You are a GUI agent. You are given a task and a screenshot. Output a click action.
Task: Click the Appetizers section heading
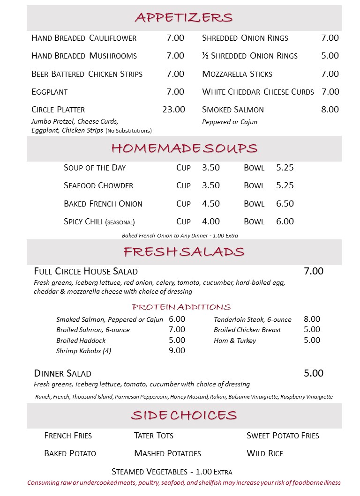pyautogui.click(x=184, y=18)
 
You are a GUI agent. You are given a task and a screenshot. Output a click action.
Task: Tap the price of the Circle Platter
pyautogui.click(x=173, y=110)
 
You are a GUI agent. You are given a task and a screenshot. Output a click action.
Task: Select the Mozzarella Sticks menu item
pyautogui.click(x=237, y=74)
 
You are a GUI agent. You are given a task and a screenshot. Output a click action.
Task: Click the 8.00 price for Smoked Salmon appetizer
pyautogui.click(x=330, y=110)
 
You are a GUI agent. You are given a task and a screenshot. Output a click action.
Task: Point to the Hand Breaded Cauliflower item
pyautogui.click(x=84, y=38)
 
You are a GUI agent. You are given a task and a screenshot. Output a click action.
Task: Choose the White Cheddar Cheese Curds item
pyautogui.click(x=258, y=92)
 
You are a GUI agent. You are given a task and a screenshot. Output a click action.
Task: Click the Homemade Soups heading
pyautogui.click(x=184, y=148)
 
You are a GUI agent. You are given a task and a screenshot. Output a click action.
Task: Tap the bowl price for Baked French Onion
pyautogui.click(x=285, y=204)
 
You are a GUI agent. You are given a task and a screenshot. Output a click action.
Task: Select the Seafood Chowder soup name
pyautogui.click(x=98, y=185)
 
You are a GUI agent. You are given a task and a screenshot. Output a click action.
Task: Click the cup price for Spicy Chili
pyautogui.click(x=210, y=222)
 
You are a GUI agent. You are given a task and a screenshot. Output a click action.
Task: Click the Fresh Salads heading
pyautogui.click(x=184, y=252)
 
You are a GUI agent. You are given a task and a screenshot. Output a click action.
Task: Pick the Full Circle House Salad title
pyautogui.click(x=86, y=271)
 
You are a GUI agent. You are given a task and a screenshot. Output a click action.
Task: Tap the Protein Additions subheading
pyautogui.click(x=181, y=307)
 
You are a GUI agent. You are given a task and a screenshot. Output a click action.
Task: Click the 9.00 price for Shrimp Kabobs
pyautogui.click(x=177, y=350)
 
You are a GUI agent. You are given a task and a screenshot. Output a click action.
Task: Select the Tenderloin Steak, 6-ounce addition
pyautogui.click(x=253, y=319)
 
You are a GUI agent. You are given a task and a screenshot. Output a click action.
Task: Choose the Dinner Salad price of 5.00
pyautogui.click(x=314, y=373)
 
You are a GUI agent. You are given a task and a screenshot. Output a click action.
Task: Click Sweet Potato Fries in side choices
pyautogui.click(x=283, y=436)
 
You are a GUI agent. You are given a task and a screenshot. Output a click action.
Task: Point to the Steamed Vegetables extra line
pyautogui.click(x=172, y=472)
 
